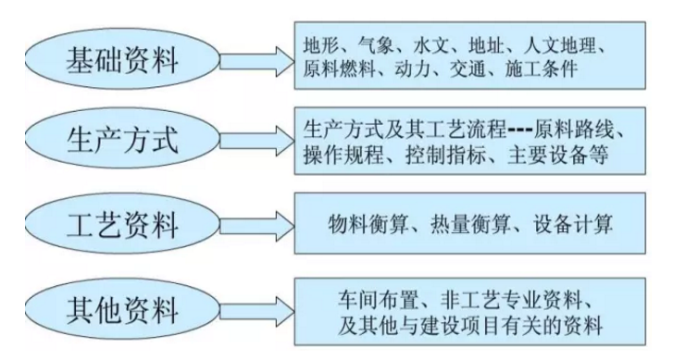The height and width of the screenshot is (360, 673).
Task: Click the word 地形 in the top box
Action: pyautogui.click(x=323, y=46)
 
